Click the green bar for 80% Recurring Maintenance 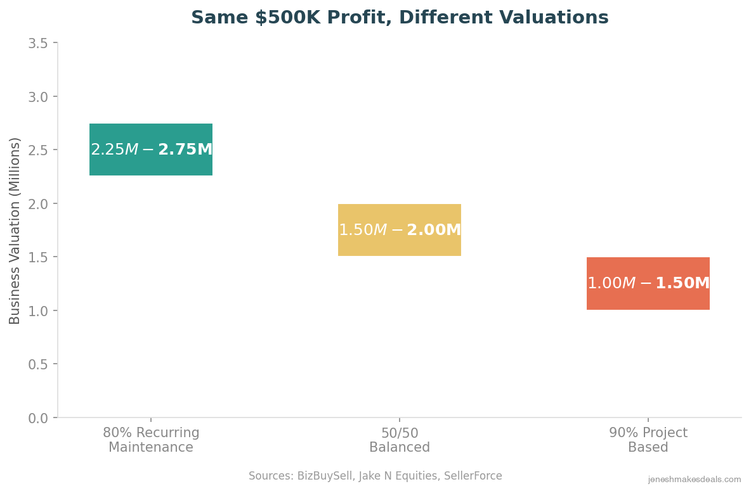click(151, 150)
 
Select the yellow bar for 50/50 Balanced click(400, 230)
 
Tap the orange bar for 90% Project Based click(648, 283)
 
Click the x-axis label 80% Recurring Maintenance click(151, 440)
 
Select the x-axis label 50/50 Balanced click(400, 440)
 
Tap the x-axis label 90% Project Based click(648, 440)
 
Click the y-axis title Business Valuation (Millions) click(15, 231)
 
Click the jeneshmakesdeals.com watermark click(694, 480)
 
